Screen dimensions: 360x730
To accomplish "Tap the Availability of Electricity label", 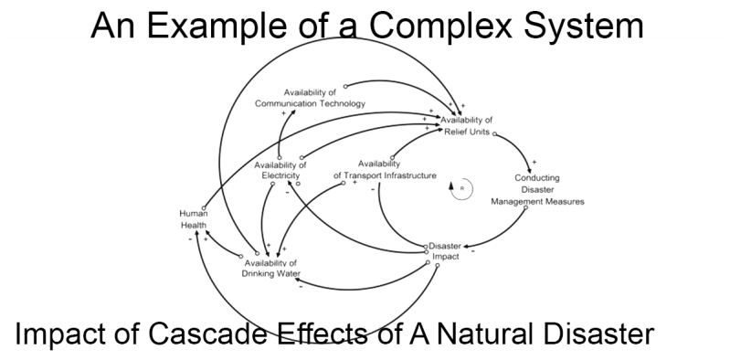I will click(x=280, y=170).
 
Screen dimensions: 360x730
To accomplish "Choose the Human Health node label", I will click(x=194, y=218).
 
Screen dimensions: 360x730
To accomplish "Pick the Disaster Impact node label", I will click(x=445, y=251).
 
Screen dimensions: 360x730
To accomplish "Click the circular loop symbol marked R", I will click(x=461, y=189).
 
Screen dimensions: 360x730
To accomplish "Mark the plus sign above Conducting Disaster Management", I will click(x=534, y=162).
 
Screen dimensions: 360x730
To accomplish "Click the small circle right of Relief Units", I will click(x=495, y=134).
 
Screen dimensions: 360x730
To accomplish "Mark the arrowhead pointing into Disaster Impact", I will click(x=465, y=246).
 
